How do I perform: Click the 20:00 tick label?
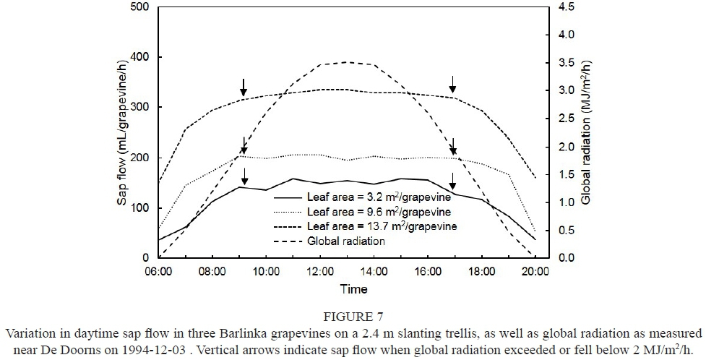(x=535, y=272)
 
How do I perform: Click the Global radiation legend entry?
(x=345, y=241)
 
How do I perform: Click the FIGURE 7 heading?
(x=353, y=316)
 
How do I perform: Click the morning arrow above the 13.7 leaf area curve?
(x=244, y=87)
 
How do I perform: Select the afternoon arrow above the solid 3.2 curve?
(x=453, y=179)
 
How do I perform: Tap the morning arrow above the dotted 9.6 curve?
(x=244, y=145)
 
